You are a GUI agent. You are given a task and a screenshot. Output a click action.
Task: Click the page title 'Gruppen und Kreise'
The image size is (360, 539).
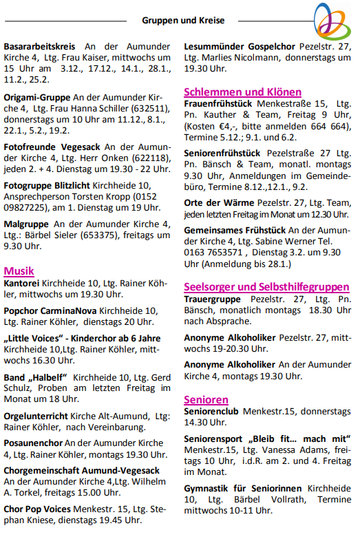pos(183,20)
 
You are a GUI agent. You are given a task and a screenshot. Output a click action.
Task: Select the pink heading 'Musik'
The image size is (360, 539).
pos(19,271)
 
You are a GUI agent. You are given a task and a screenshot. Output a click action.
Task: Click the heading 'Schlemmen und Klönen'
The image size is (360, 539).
pos(242,92)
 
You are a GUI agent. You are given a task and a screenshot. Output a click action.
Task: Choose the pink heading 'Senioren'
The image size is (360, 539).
pos(206,399)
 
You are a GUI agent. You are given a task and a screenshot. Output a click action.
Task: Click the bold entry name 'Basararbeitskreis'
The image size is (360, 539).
pos(39,46)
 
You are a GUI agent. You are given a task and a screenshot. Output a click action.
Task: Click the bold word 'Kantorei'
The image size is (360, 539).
pos(21,283)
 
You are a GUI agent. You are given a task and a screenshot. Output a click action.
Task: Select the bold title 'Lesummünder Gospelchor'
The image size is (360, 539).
pos(240,46)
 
